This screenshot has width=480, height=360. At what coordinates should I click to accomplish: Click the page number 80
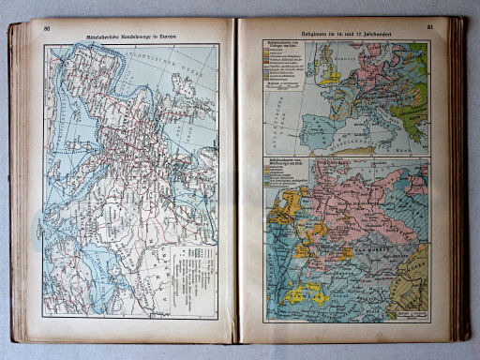(45, 27)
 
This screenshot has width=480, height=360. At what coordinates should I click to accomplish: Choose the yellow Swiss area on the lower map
(306, 294)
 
